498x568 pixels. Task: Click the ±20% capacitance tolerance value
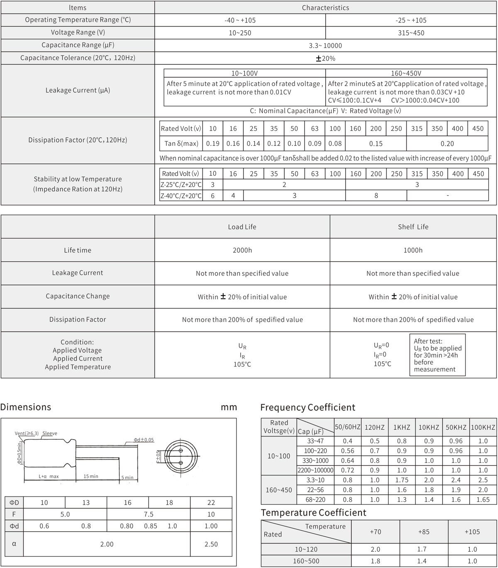(326, 58)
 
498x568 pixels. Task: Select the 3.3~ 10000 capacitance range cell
(326, 45)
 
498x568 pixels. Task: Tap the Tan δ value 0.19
(212, 144)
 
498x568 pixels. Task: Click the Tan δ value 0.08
(335, 144)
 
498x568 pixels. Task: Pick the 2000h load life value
(242, 250)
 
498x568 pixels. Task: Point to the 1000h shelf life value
(413, 250)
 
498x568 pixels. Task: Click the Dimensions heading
(26, 407)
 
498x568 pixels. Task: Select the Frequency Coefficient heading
(308, 408)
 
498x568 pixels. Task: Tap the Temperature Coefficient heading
(313, 513)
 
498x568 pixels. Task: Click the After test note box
(437, 355)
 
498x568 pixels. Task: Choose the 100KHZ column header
(483, 427)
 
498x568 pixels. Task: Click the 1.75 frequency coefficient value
(402, 480)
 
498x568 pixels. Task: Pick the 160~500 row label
(306, 561)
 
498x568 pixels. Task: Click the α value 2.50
(211, 544)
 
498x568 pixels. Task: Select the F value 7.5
(149, 514)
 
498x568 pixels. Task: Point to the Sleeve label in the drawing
(50, 433)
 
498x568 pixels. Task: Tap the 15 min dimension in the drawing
(91, 476)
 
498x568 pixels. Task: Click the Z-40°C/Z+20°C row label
(181, 196)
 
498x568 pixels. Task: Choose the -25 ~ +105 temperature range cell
(411, 20)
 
